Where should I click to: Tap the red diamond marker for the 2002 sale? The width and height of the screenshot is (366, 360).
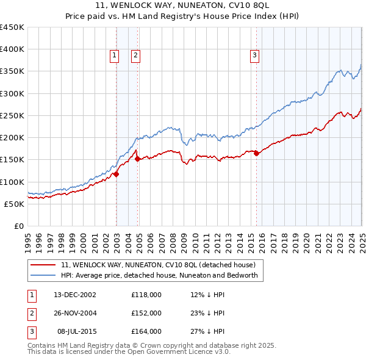pos(116,174)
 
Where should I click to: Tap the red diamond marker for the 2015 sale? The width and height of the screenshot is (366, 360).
pos(256,154)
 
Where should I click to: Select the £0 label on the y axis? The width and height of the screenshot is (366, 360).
pos(18,226)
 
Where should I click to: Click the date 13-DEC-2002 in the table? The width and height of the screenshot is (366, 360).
pos(75,295)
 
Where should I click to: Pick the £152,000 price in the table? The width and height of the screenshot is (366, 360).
pos(146,313)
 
